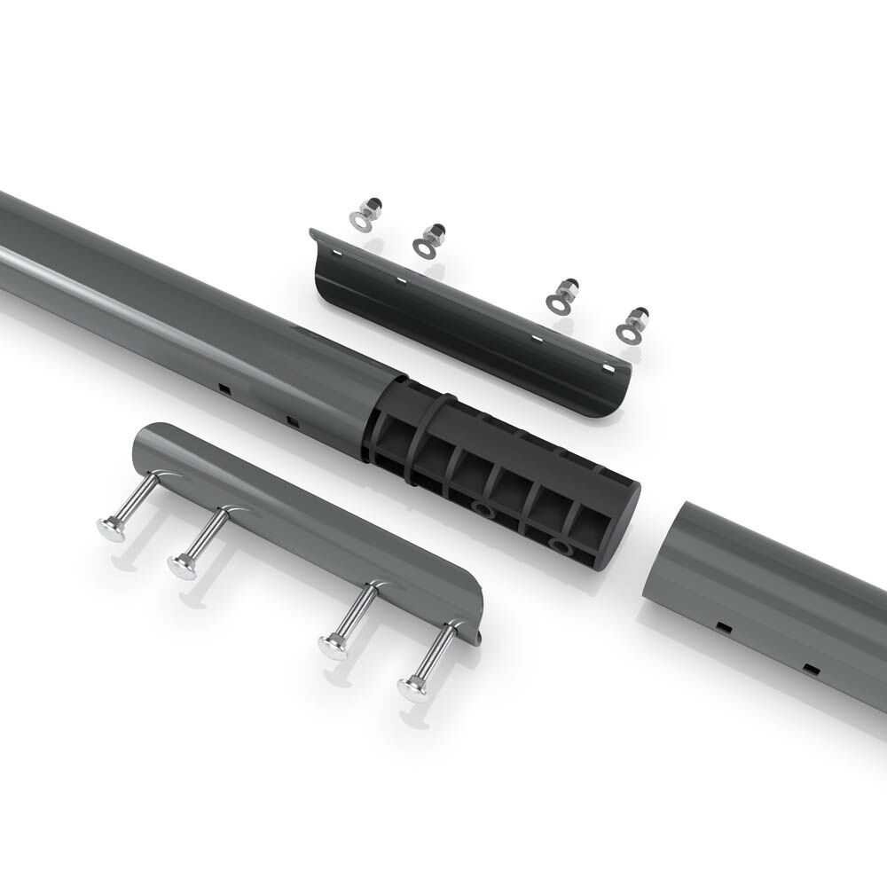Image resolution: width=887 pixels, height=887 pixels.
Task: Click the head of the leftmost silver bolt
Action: pos(111,530)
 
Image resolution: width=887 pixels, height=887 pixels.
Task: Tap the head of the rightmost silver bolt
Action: pos(412,687)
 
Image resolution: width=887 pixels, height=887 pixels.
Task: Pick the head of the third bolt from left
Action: pos(334,647)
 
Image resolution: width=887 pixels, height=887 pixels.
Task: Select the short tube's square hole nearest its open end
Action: pos(724,627)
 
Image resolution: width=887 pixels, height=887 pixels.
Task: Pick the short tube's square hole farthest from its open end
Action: pos(809,666)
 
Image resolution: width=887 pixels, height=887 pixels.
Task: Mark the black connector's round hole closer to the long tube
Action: pos(482,509)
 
